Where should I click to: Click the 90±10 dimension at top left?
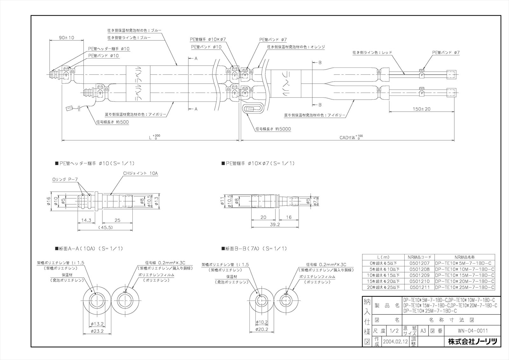[x=66, y=38]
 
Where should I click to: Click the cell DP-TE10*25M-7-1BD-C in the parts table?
[x=465, y=287]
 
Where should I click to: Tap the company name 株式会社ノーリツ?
[x=472, y=342]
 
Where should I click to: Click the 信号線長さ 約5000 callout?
[x=273, y=129]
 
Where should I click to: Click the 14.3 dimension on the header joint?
[x=86, y=220]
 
